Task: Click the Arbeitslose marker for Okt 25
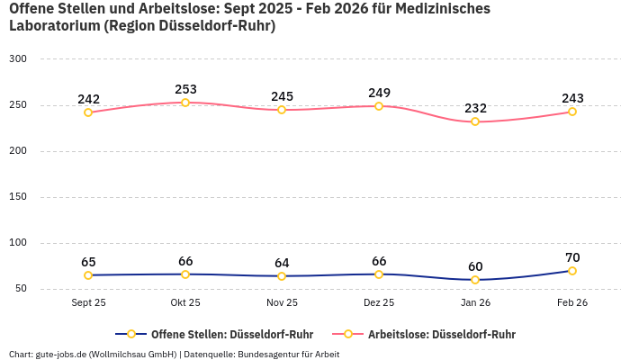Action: tap(185, 103)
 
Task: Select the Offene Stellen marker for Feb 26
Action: tap(572, 271)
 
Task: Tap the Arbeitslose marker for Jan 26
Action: tap(475, 121)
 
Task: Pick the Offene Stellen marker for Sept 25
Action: tap(88, 275)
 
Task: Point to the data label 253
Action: tap(185, 89)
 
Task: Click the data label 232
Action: tap(475, 108)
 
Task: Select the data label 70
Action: tap(572, 257)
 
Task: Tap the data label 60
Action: tap(475, 266)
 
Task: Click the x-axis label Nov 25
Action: tap(282, 303)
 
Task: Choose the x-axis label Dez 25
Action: tap(379, 303)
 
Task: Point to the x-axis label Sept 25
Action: tap(88, 303)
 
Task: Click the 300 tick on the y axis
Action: tap(18, 59)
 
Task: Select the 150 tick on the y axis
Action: tap(18, 197)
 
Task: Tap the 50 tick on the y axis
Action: tap(21, 289)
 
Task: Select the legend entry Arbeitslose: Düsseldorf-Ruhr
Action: tap(441, 334)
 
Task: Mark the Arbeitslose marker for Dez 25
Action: tap(379, 106)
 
